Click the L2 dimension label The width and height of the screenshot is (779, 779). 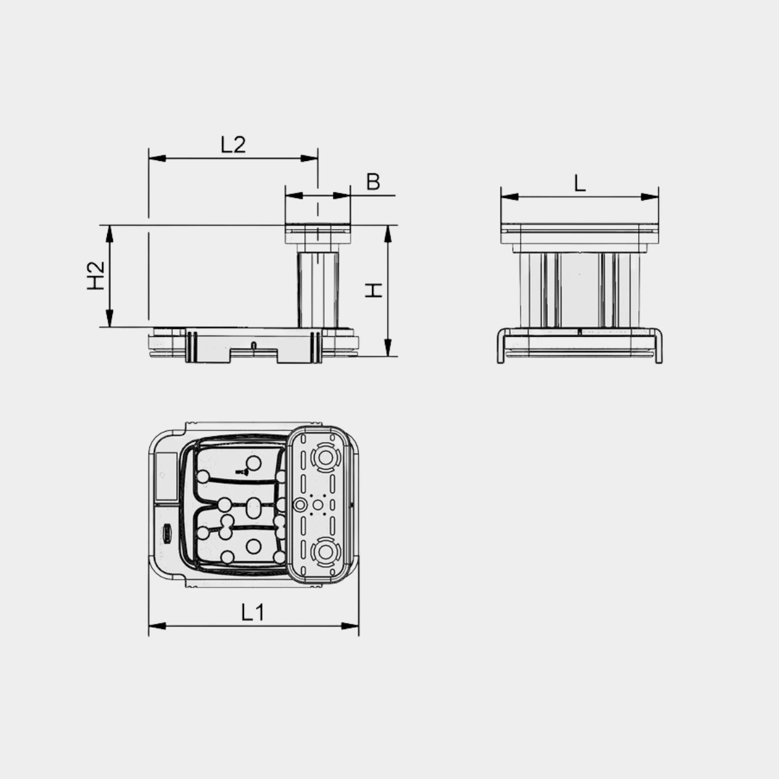[233, 144]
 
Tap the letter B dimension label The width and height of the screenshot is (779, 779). [373, 182]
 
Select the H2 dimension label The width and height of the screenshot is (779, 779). [96, 275]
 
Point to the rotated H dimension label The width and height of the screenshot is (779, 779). [373, 290]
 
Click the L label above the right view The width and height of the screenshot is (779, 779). [580, 184]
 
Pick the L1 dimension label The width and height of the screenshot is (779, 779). [253, 612]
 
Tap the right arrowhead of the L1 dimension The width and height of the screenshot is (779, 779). [350, 626]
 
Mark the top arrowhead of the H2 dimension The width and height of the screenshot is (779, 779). [109, 234]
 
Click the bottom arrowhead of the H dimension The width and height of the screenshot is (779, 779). [388, 348]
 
